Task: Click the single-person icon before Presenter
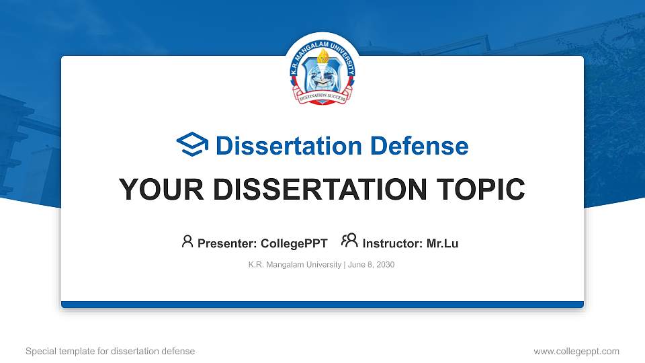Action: [x=187, y=242]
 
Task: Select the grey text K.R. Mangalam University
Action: [x=295, y=265]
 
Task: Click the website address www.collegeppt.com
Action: [x=576, y=351]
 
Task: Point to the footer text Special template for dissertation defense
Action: [x=110, y=351]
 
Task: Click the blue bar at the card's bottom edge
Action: [x=322, y=305]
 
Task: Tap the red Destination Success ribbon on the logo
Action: [x=322, y=98]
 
